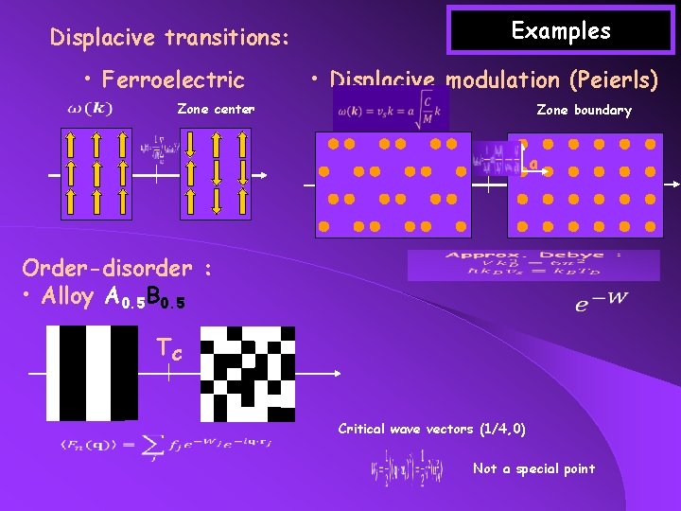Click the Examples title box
(561, 30)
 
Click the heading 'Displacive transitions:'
(168, 38)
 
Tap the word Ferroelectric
(173, 79)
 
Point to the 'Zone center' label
(216, 110)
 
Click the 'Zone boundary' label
(584, 110)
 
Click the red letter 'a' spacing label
(533, 165)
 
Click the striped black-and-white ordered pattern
(92, 373)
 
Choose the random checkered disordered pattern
(247, 373)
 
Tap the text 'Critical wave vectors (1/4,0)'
(431, 429)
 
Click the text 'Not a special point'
(533, 468)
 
